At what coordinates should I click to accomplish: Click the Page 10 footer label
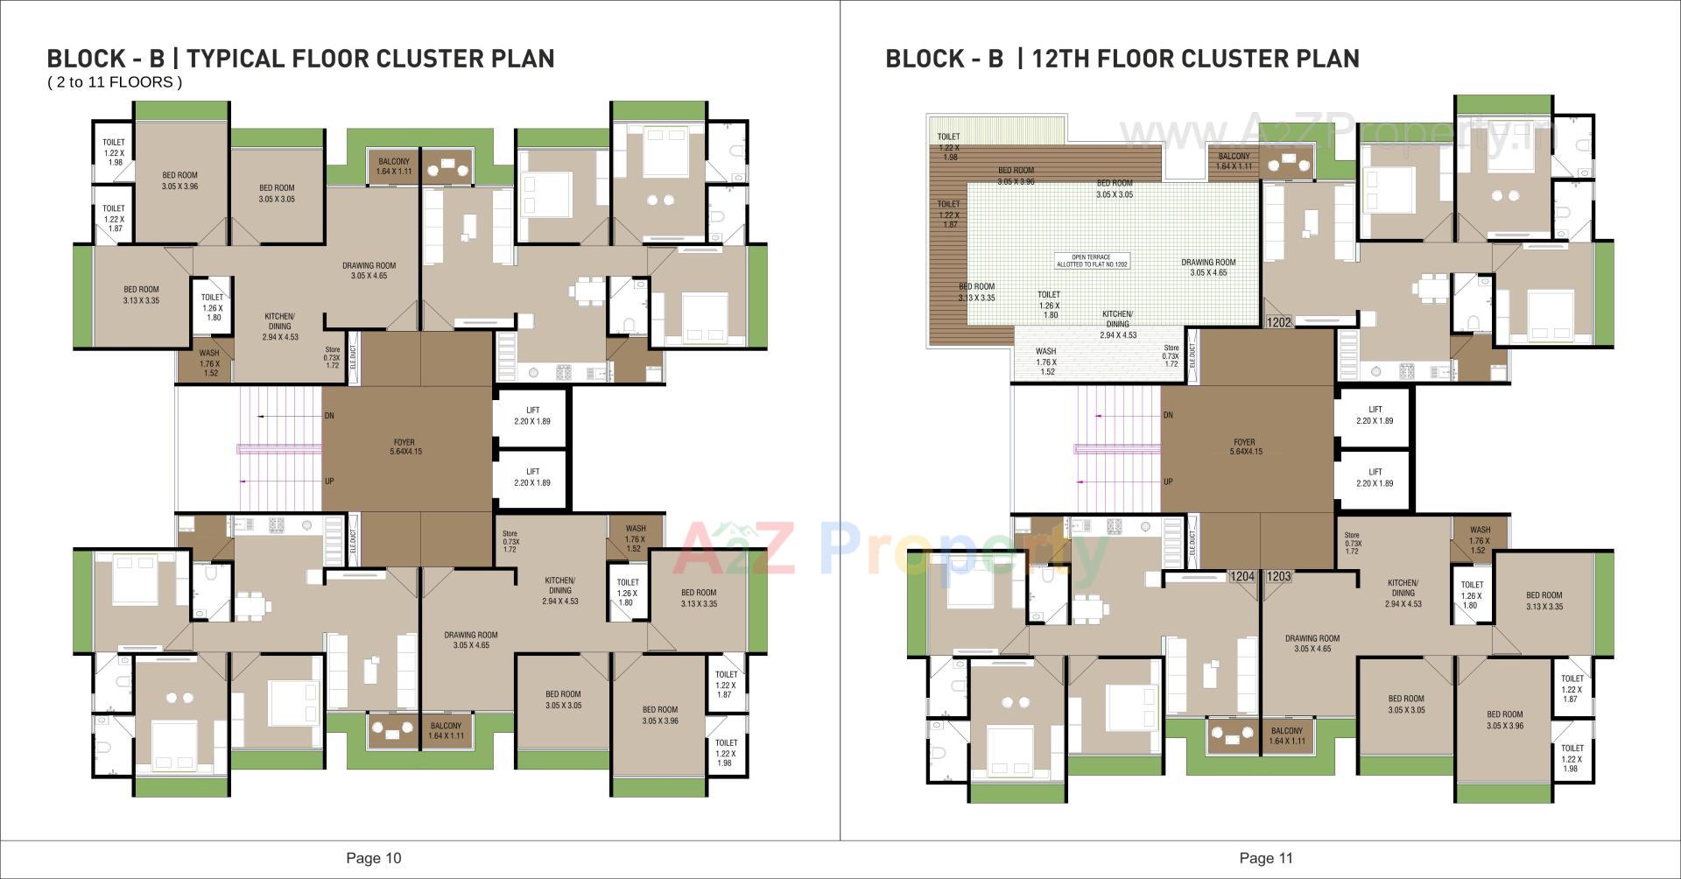point(374,858)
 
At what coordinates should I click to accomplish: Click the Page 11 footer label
point(1266,858)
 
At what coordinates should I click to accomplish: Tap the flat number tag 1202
point(1278,322)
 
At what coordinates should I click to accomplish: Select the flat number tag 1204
point(1241,576)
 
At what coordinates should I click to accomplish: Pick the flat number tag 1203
point(1279,576)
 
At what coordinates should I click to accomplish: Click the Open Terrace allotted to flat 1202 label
point(1092,261)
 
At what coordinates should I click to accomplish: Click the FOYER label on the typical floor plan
point(405,447)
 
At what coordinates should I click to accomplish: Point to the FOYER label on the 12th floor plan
point(1245,447)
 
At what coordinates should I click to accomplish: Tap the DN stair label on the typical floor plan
point(329,416)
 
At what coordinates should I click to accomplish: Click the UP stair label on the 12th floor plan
point(1168,482)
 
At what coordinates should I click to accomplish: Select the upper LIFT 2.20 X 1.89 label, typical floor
point(532,416)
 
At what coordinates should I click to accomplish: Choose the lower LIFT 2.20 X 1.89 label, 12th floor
point(1375,477)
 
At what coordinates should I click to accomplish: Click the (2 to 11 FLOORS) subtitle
point(115,82)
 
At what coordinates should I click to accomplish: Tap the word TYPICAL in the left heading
point(236,59)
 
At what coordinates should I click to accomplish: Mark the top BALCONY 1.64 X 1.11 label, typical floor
point(394,166)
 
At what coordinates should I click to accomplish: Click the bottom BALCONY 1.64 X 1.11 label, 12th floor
point(1286,735)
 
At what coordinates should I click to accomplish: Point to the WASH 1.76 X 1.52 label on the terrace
point(1046,362)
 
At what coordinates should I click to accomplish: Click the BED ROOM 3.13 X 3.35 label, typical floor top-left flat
point(141,295)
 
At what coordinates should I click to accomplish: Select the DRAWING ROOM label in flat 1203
point(1312,643)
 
